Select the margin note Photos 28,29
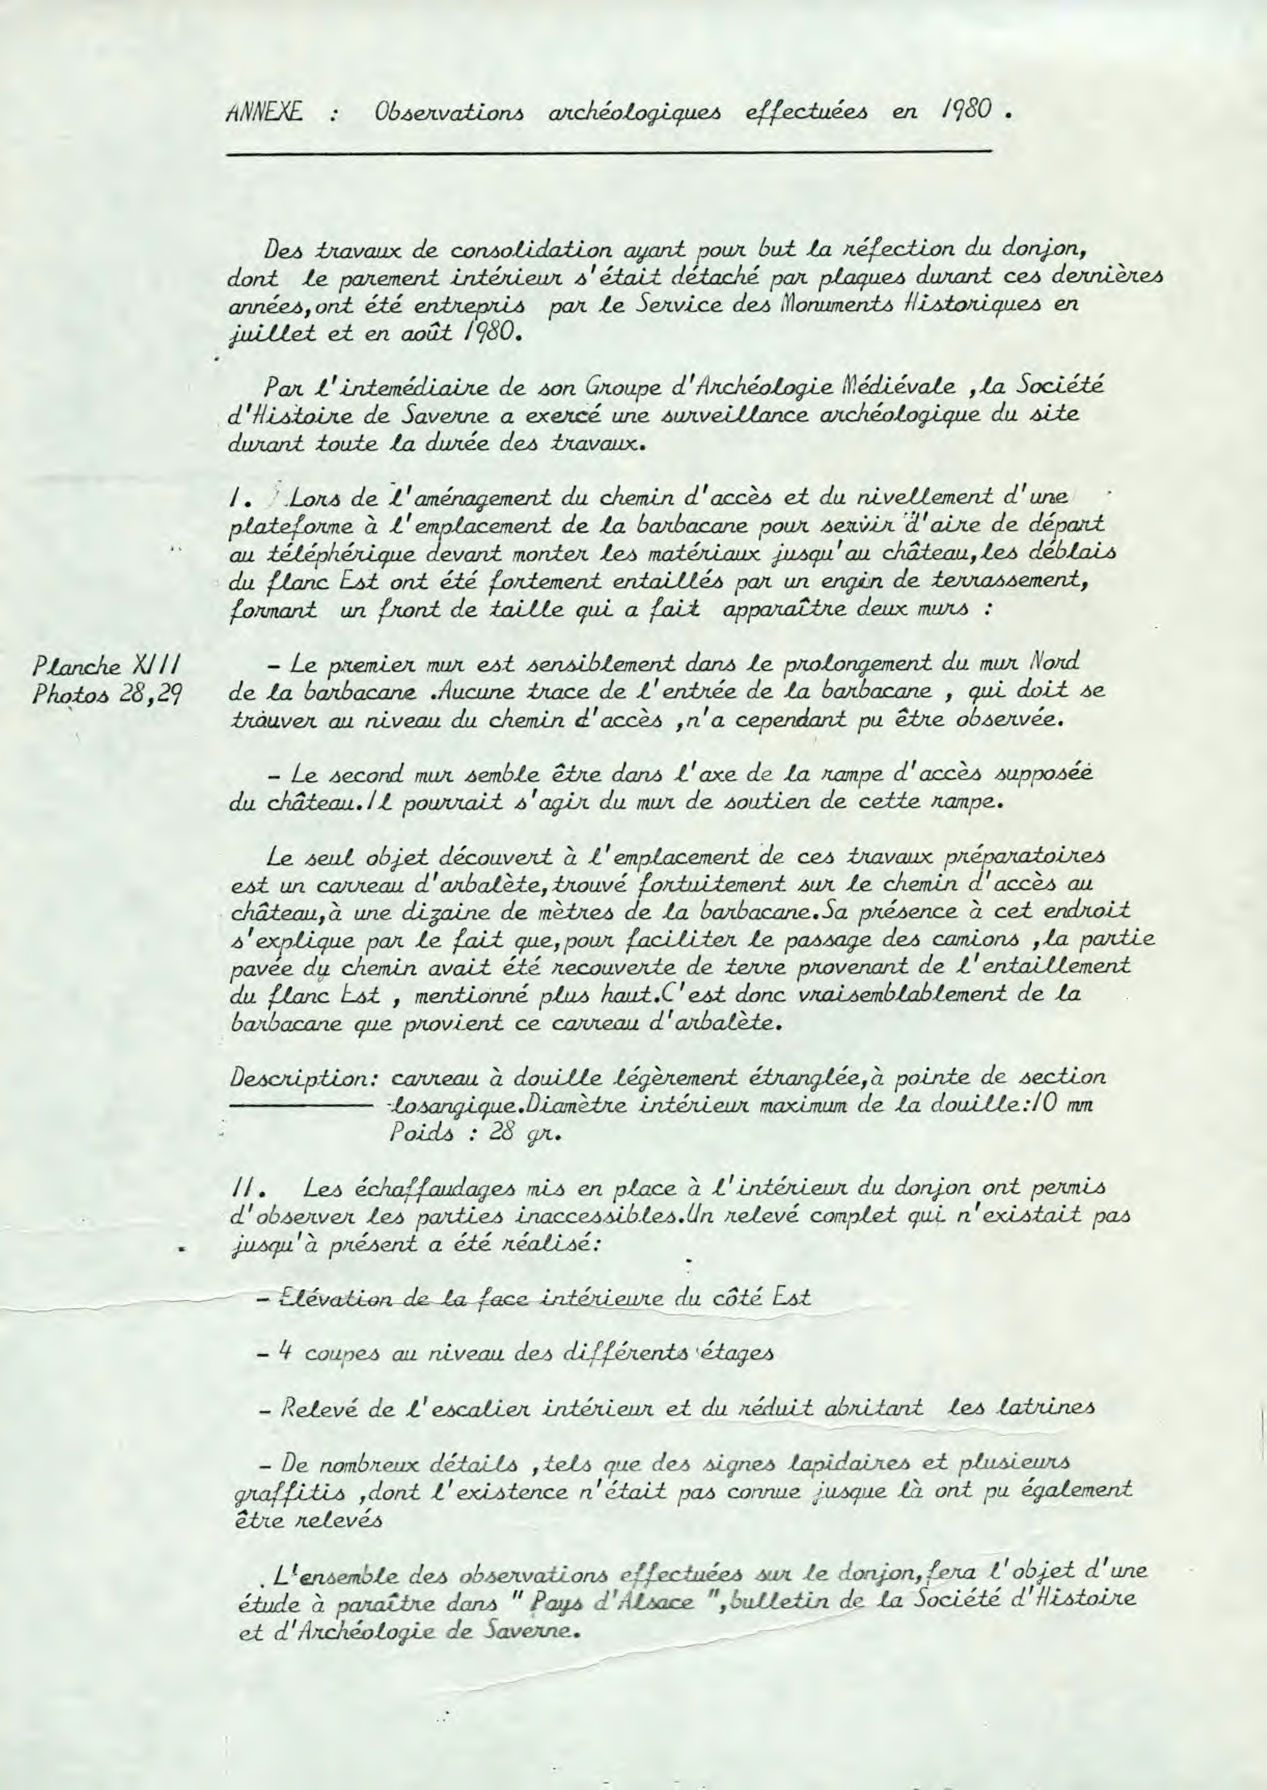[105, 696]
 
